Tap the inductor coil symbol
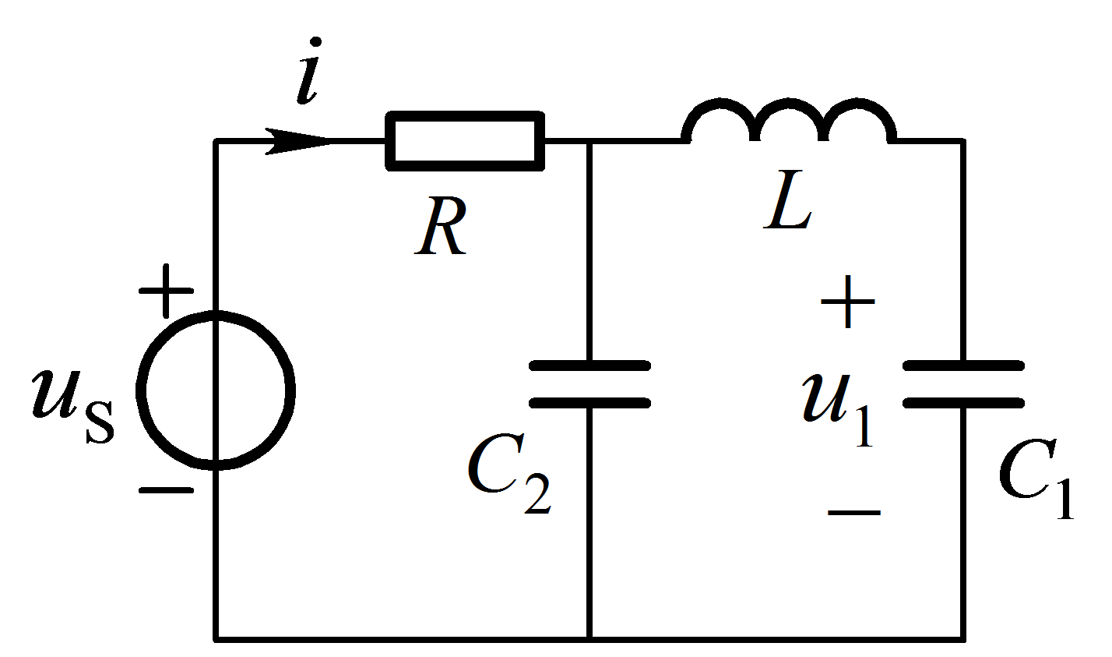point(789,103)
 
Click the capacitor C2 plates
point(589,384)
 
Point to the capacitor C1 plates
point(963,384)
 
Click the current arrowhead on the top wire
point(298,142)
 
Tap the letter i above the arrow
point(308,71)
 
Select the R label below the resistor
point(441,226)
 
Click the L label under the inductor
point(787,200)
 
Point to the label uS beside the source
point(73,407)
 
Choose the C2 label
point(509,473)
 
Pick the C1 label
point(1037,479)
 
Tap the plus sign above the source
point(166,291)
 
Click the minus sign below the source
point(166,490)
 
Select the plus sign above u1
point(847,302)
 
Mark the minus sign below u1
point(853,512)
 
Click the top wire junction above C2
point(589,142)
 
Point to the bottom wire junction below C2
point(589,638)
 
